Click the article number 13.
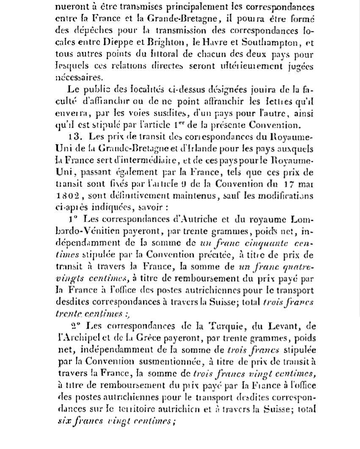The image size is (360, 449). pos(74,137)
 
